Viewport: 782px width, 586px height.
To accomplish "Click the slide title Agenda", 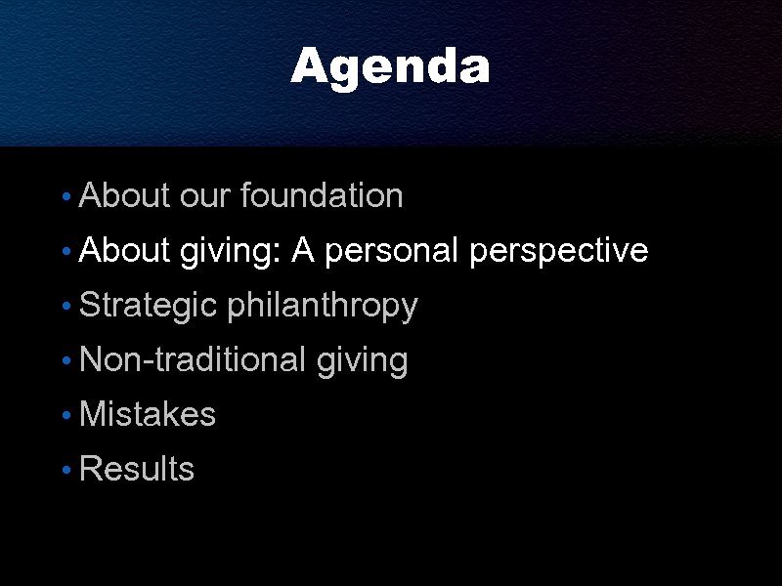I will [x=390, y=67].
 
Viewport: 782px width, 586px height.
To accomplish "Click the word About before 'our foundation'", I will [x=125, y=196].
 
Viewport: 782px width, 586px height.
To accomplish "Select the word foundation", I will [x=322, y=196].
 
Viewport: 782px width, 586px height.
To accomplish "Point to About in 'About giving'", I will [x=125, y=251].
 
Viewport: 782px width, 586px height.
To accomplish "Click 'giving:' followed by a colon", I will [x=231, y=252].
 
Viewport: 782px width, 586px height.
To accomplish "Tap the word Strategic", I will [x=148, y=306].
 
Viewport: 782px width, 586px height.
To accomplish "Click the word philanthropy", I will [x=323, y=306].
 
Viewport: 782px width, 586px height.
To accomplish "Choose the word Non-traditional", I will [x=193, y=360].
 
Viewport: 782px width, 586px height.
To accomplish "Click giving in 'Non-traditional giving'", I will [x=362, y=361].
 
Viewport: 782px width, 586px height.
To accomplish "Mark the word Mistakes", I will [x=147, y=414].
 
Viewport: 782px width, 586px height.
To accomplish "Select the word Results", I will [x=137, y=469].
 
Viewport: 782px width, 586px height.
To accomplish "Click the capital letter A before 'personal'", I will [x=302, y=251].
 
